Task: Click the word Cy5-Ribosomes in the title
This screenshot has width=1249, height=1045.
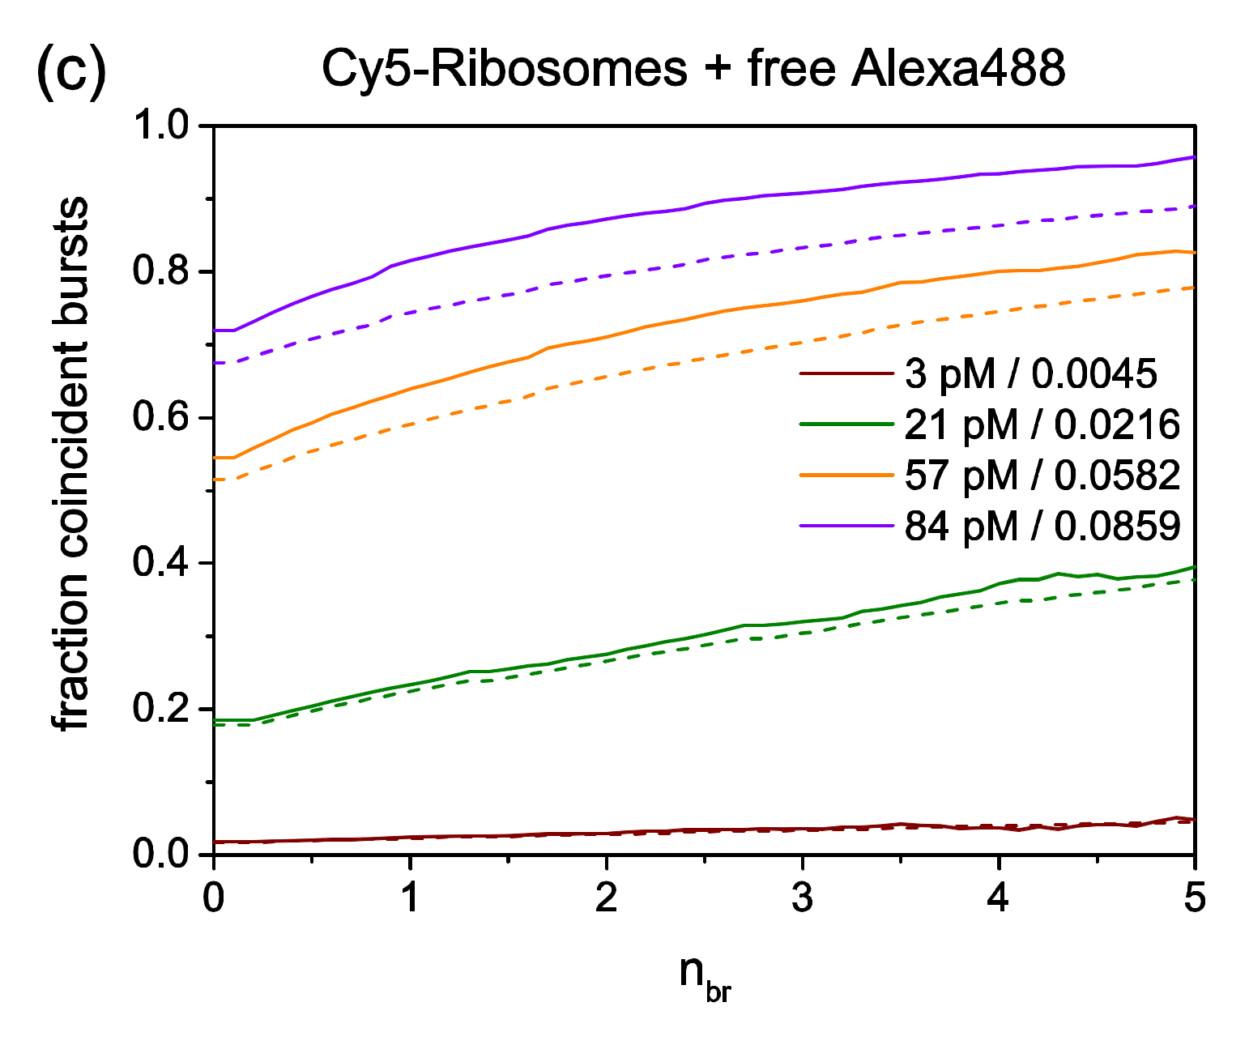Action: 505,69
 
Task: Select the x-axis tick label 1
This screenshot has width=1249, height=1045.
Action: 410,898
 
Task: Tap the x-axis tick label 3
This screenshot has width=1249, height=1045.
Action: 803,898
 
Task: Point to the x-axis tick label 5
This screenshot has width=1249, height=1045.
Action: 1195,898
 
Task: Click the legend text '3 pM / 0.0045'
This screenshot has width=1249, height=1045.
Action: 1031,374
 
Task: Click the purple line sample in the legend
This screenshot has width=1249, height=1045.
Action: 845,526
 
